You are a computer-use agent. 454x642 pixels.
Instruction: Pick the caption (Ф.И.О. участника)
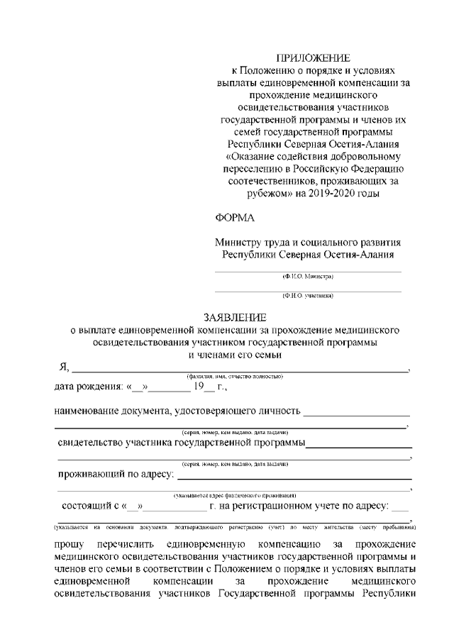pos(308,295)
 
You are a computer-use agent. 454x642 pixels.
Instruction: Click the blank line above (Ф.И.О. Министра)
pos(308,271)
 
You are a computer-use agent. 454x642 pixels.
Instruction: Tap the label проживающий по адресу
pos(115,475)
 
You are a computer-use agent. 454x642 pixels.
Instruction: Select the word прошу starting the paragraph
pos(69,544)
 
